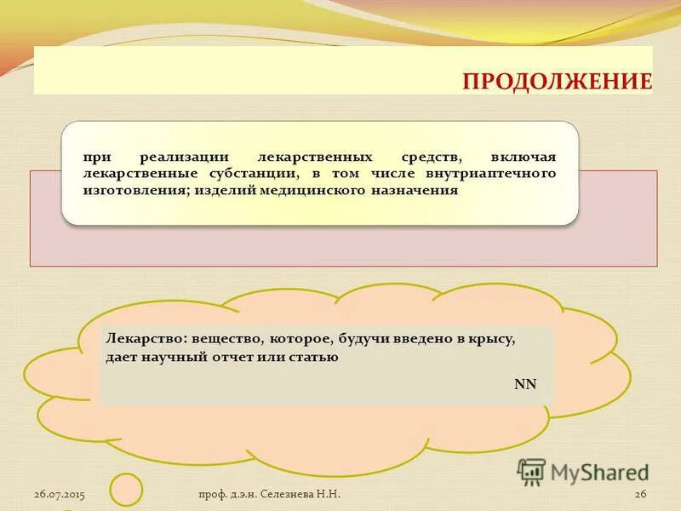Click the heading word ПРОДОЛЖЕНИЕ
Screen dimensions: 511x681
[x=557, y=82]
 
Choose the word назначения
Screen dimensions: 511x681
[x=415, y=191]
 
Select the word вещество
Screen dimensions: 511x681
[x=222, y=339]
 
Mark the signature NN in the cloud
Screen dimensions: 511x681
[x=525, y=383]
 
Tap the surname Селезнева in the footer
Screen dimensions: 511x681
[x=289, y=495]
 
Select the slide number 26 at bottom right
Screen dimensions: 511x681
[x=641, y=495]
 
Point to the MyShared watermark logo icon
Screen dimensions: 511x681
[x=531, y=472]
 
